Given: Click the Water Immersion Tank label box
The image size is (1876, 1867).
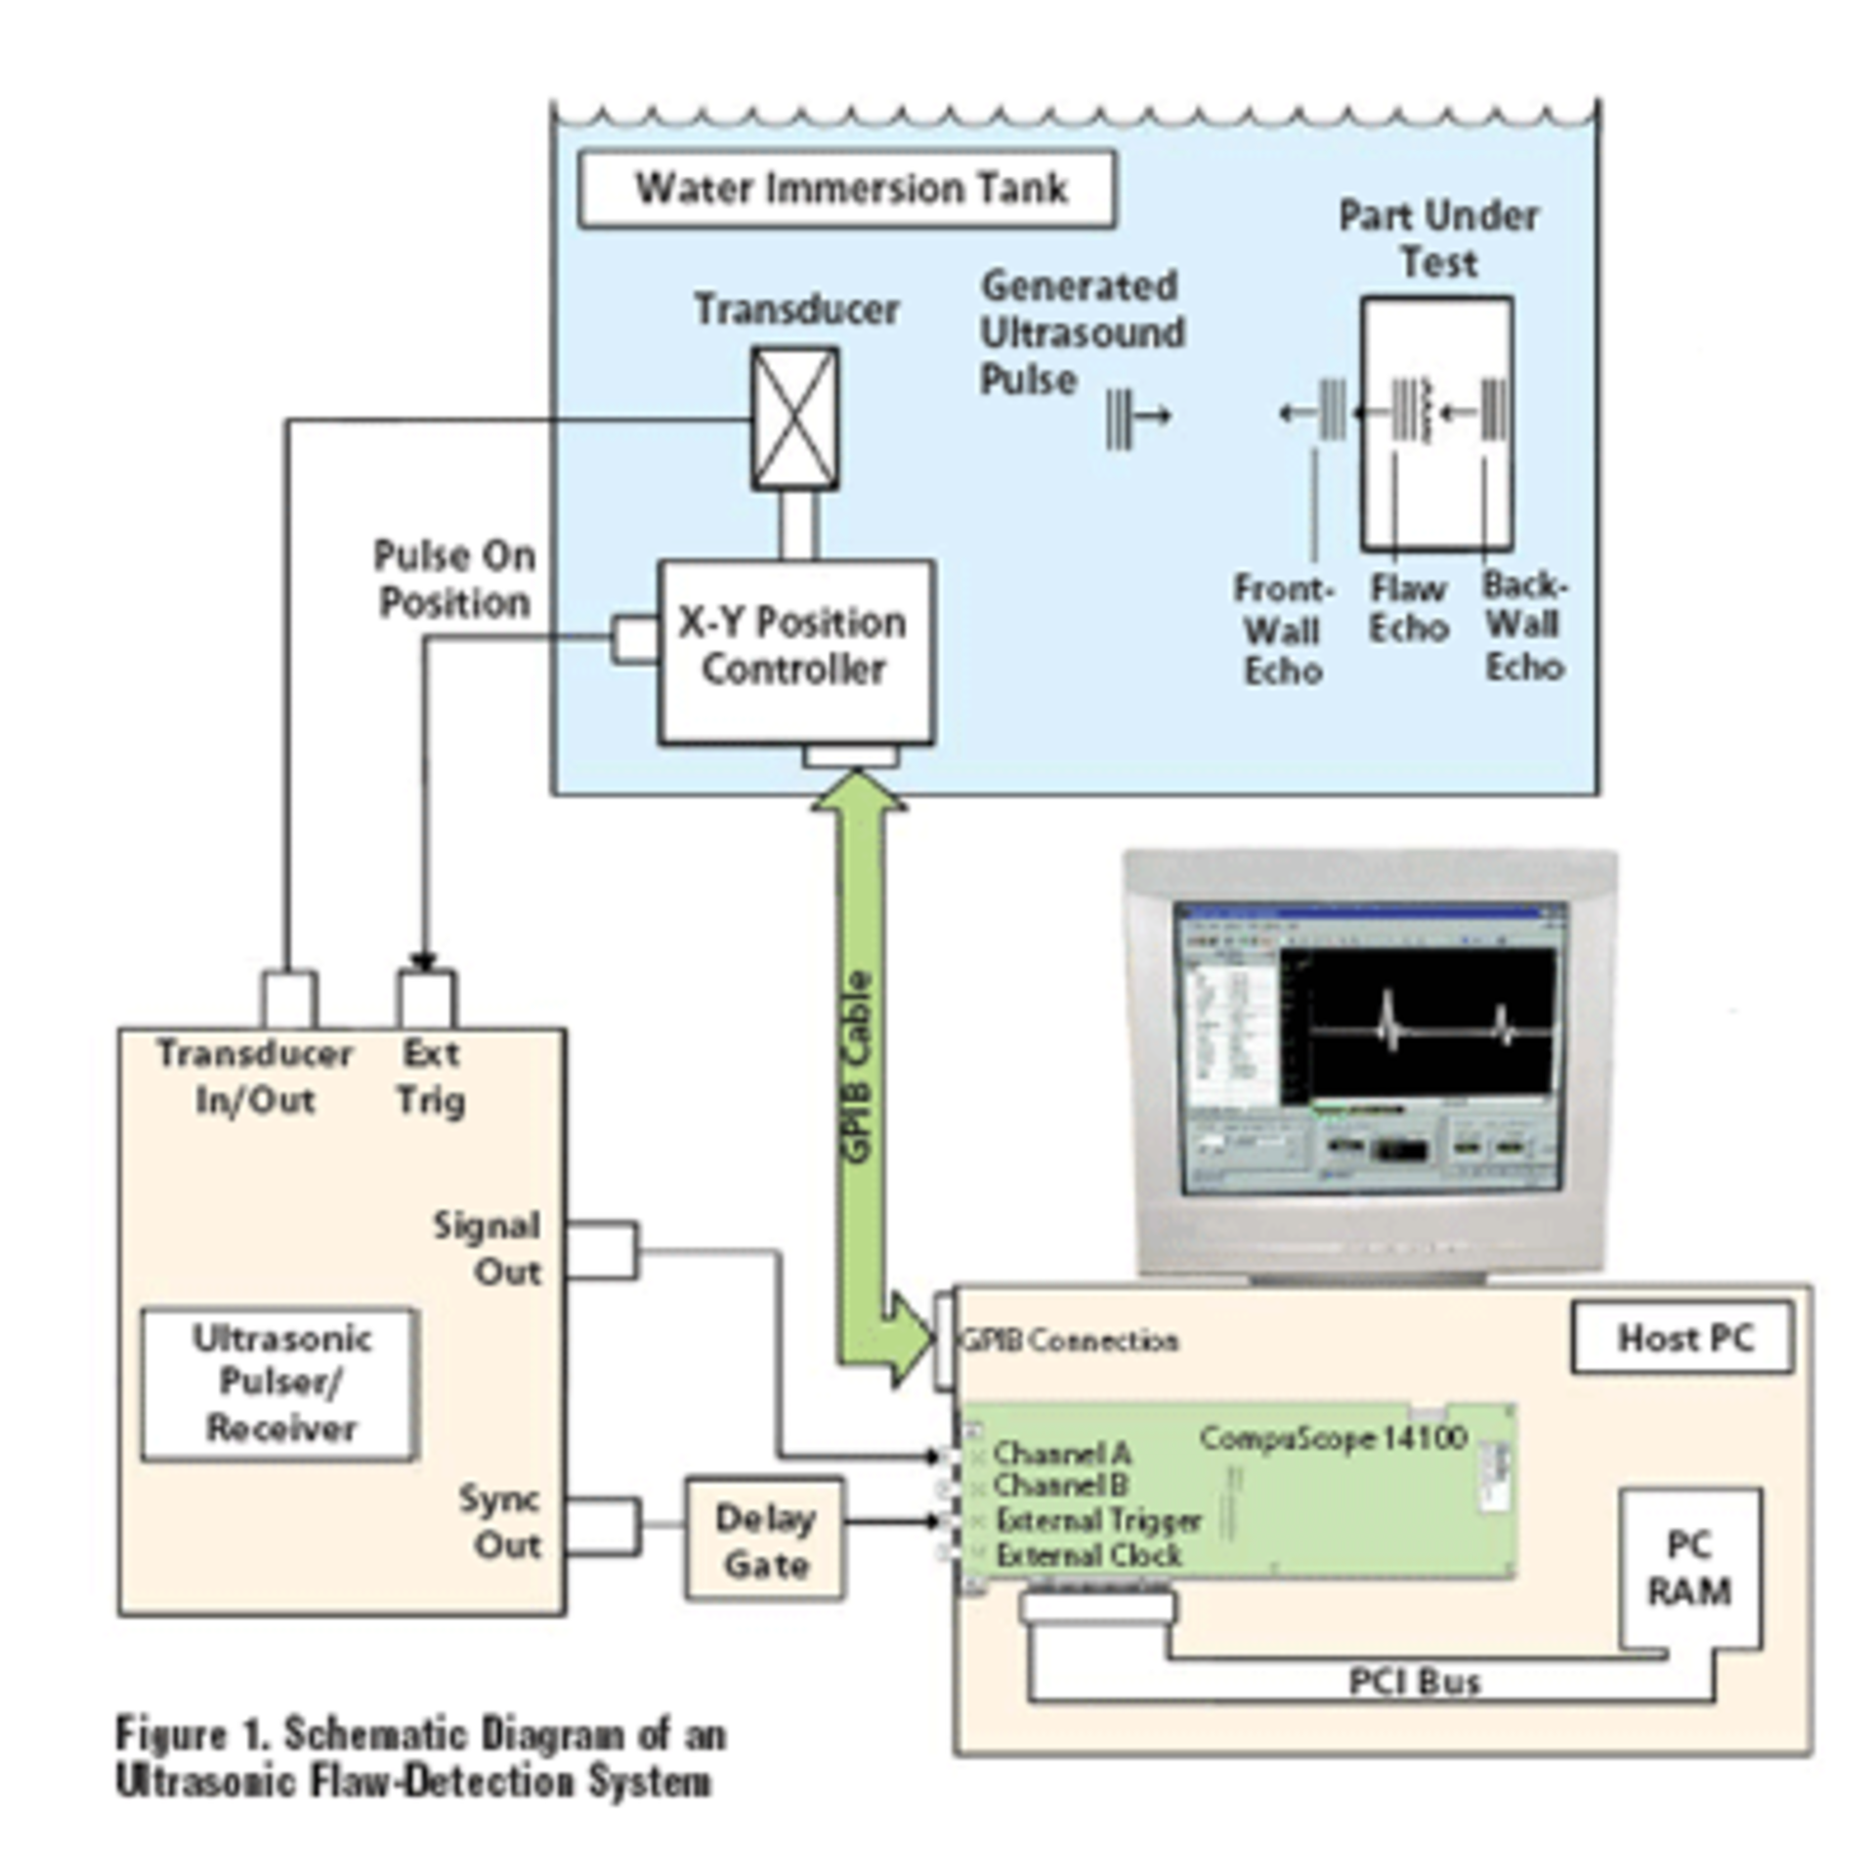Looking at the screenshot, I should coord(846,189).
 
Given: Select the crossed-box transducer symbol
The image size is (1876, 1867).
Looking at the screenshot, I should coord(793,418).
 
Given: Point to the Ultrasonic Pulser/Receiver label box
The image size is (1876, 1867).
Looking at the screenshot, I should coord(280,1383).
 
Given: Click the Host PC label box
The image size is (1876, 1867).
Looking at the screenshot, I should coord(1682,1337).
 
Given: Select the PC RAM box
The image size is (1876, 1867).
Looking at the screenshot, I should coord(1688,1568).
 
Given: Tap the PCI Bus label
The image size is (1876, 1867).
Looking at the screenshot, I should coord(1414,1681).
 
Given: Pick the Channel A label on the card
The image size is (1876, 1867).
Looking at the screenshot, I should coord(1061,1453).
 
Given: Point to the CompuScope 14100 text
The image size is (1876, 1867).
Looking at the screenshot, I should coord(1333,1438).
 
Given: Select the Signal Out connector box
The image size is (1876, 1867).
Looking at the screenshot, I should coord(602,1249).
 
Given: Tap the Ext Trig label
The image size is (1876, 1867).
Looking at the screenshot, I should coord(430,1077).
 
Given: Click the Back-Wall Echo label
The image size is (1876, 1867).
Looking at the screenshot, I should coord(1524,627).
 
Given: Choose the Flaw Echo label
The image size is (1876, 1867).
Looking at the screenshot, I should coord(1407,608).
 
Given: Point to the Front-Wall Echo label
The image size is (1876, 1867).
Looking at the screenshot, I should coord(1283,630).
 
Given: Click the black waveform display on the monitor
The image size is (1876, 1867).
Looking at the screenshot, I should coord(1417,1021).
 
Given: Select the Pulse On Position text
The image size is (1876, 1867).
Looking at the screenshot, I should coord(454,579).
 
